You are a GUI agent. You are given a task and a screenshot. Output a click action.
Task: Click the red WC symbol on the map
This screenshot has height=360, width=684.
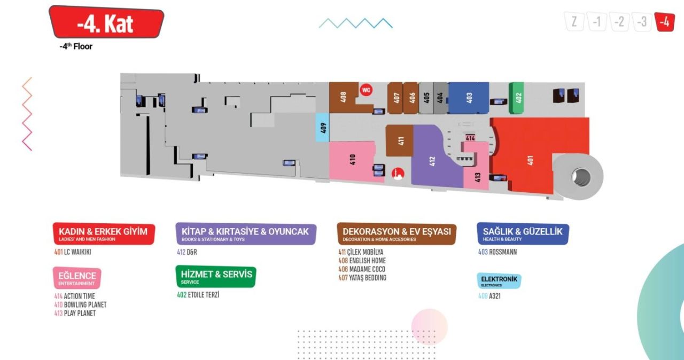tap(366, 90)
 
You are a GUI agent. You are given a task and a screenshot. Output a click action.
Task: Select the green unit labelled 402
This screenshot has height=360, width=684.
tap(517, 98)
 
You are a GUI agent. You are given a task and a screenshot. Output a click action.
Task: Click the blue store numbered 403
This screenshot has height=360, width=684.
tap(469, 98)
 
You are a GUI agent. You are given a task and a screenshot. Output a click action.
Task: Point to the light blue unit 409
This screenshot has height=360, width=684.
tap(322, 128)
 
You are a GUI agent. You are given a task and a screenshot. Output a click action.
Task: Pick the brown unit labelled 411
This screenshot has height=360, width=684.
tap(400, 141)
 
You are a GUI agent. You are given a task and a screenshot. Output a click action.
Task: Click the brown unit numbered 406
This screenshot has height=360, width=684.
tap(411, 98)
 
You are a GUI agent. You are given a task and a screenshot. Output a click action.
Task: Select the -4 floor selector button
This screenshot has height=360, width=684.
tap(664, 22)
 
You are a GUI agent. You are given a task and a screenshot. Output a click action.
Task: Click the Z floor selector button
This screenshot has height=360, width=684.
tap(574, 22)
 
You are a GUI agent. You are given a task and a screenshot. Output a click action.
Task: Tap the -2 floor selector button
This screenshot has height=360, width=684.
tap(619, 22)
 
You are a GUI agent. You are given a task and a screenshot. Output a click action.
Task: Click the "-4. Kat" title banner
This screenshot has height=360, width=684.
tap(106, 23)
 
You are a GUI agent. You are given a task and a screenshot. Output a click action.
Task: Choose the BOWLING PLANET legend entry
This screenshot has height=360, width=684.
tap(80, 304)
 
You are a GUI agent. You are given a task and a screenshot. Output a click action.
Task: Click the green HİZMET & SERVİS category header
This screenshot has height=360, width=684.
tap(216, 277)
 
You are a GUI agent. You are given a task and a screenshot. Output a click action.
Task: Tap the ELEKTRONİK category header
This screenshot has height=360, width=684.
tap(499, 281)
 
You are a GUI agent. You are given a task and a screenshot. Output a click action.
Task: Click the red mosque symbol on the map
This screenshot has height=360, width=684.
tap(398, 174)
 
